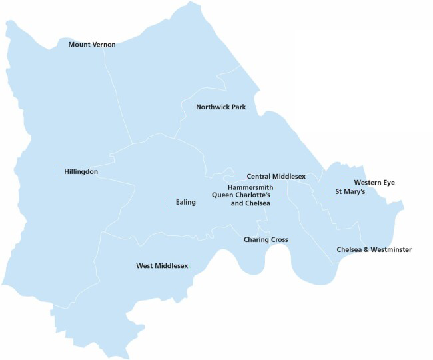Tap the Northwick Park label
click(x=220, y=107)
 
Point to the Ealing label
click(x=186, y=202)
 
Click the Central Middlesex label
click(x=276, y=176)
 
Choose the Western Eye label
click(x=375, y=182)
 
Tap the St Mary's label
click(x=350, y=191)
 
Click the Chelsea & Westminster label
click(x=374, y=249)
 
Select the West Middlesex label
click(x=162, y=265)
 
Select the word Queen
click(x=222, y=195)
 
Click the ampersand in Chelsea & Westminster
click(x=360, y=249)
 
